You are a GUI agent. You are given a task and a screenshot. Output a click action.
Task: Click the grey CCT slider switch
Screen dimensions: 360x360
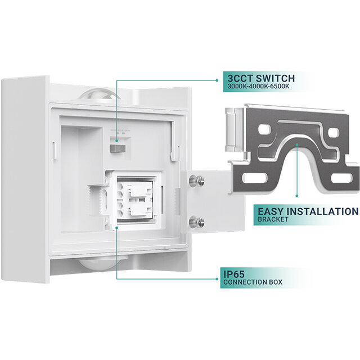117,147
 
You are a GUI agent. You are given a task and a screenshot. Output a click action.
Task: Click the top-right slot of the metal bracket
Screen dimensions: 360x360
333,133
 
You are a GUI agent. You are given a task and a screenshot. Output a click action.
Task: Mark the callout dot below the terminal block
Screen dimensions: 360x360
116,228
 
